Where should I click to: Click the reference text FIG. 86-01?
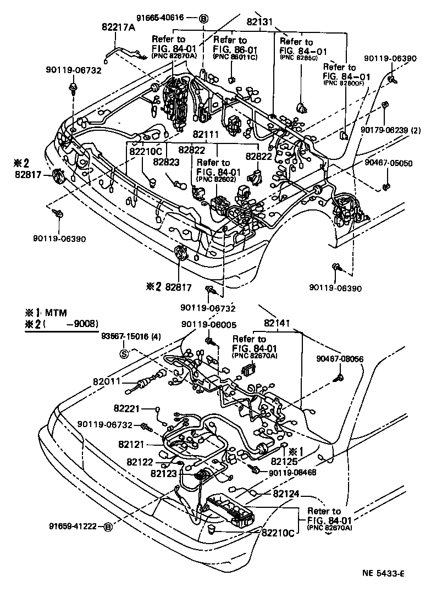click(x=231, y=48)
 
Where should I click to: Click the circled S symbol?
click(x=124, y=352)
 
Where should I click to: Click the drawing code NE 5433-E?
click(x=383, y=574)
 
